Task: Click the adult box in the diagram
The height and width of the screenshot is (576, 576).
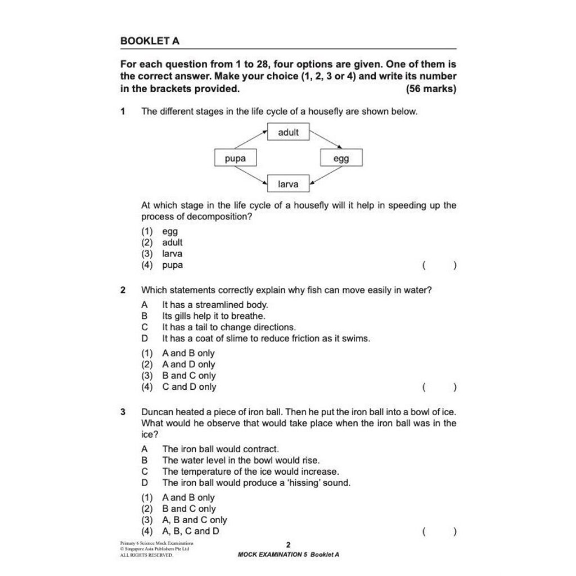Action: click(x=288, y=132)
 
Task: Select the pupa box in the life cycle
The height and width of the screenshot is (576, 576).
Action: click(x=235, y=158)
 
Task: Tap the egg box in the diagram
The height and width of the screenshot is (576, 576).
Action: click(x=341, y=158)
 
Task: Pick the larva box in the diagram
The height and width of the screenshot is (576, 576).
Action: click(x=288, y=184)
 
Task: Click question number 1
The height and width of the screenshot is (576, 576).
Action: click(x=123, y=111)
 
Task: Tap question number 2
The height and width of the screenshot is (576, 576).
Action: click(x=123, y=290)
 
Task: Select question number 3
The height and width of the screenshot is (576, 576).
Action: click(x=123, y=412)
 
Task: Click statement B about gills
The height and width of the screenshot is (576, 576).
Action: click(x=213, y=316)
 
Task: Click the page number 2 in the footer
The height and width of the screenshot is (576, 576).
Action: click(x=288, y=544)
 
